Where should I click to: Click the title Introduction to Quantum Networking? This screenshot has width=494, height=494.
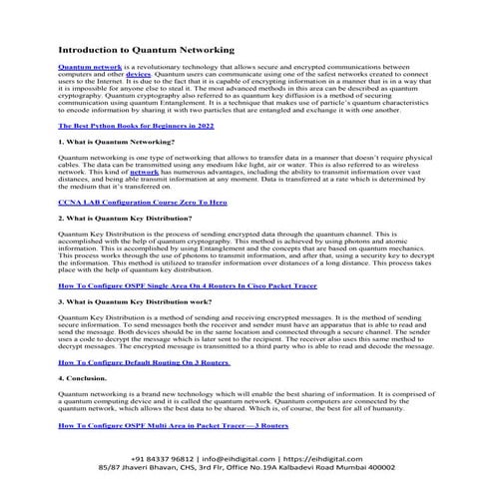pyautogui.click(x=146, y=49)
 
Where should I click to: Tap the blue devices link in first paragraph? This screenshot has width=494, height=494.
pyautogui.click(x=138, y=74)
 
